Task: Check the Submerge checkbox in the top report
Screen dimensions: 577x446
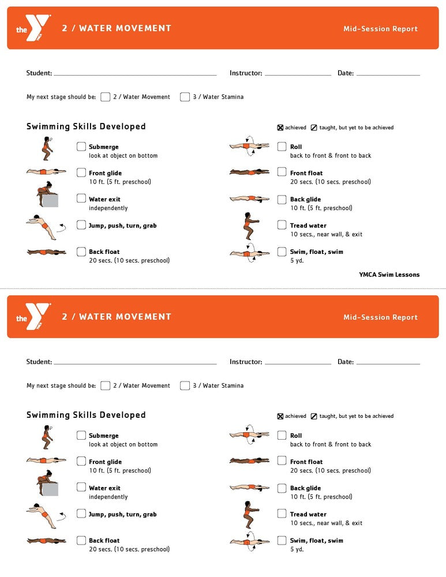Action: (x=81, y=147)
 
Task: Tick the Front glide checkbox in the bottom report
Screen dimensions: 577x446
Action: (x=81, y=462)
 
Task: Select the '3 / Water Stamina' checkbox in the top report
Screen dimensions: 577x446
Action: (x=185, y=97)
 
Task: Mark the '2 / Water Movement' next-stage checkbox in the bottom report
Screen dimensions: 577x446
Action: (x=105, y=385)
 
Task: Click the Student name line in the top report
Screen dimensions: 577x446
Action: (x=135, y=74)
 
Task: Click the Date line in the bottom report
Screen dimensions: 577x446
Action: (x=388, y=363)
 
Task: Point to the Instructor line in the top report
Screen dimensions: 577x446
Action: (x=298, y=74)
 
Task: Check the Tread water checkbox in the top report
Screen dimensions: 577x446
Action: (x=282, y=225)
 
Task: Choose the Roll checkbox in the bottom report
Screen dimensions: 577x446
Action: (x=282, y=436)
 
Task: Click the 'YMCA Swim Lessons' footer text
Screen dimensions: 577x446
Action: (x=389, y=275)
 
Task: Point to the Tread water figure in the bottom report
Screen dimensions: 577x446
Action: (x=248, y=515)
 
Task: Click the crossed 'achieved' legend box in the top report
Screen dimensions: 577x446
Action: (x=280, y=128)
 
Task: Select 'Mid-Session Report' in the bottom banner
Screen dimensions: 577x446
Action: (x=380, y=317)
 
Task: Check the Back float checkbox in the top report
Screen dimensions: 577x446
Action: (x=81, y=252)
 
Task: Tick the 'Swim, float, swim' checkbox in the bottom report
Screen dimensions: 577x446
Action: (x=282, y=540)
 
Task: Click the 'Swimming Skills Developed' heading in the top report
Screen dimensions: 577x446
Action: (x=86, y=126)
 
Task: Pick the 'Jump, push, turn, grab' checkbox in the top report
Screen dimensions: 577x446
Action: (x=81, y=225)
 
